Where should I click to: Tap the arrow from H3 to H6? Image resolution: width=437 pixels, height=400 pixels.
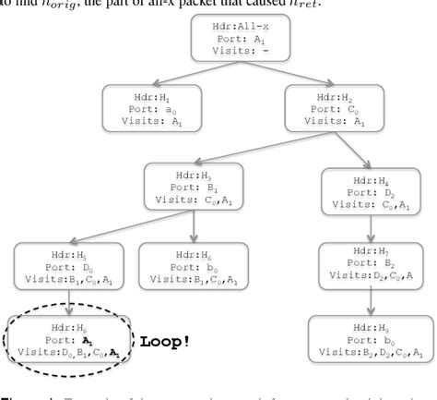click(196, 223)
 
